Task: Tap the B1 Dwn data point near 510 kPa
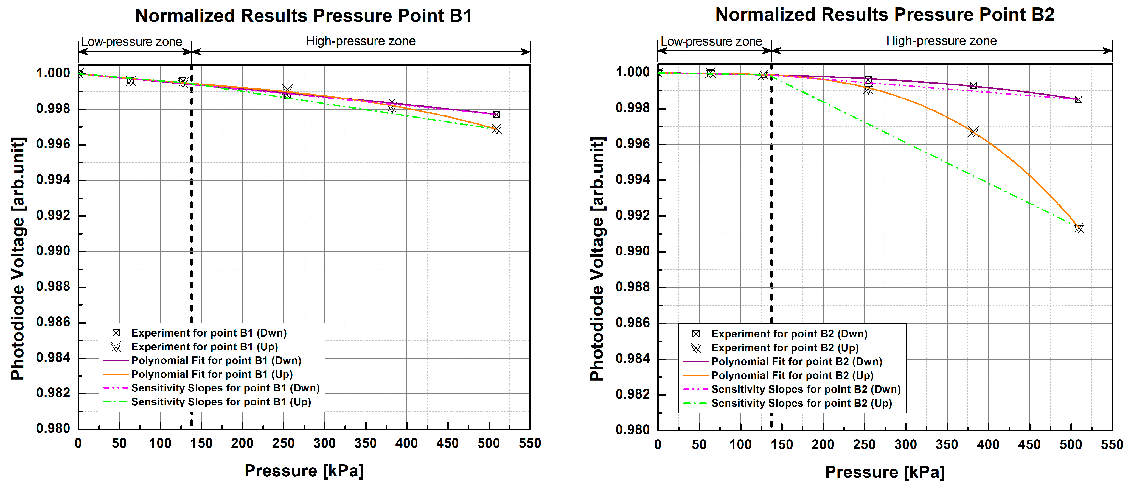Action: (x=496, y=115)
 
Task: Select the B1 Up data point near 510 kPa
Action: (x=496, y=129)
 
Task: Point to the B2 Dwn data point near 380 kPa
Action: (x=973, y=85)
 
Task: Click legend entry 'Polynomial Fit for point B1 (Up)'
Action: (x=212, y=374)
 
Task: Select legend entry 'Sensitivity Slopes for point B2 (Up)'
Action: (x=801, y=403)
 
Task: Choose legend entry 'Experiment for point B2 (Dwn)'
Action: (x=789, y=334)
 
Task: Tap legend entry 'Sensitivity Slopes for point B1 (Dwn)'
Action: (x=225, y=388)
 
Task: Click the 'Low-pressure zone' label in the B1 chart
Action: (x=132, y=42)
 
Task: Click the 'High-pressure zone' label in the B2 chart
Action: (x=941, y=41)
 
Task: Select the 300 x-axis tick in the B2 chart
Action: (x=905, y=444)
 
